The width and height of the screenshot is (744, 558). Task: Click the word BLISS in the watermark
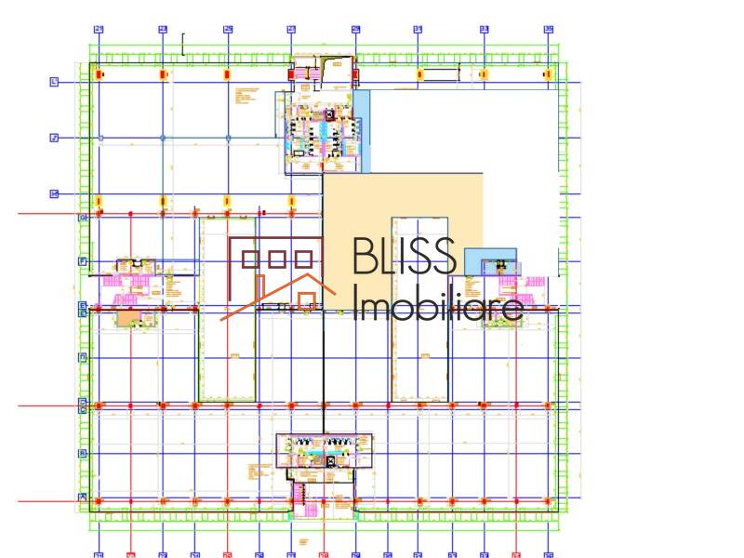point(405,257)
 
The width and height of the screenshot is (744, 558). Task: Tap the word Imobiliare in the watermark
point(437,305)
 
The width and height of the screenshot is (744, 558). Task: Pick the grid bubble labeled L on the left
point(54,82)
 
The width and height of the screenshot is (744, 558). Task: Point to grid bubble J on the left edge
point(54,138)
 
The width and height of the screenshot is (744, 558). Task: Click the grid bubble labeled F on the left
point(82,261)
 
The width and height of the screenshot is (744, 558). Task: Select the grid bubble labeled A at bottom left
point(82,498)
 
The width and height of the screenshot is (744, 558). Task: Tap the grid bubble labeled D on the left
point(82,404)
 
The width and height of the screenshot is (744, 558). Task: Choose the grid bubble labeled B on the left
point(82,453)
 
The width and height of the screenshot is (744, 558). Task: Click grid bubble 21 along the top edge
point(98,29)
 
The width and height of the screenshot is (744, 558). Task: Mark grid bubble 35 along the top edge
point(548,29)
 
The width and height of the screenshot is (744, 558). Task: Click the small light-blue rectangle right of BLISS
point(489,260)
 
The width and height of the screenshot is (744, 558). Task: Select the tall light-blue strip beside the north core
point(363,130)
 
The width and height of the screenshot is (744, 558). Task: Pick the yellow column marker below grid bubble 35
point(548,73)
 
